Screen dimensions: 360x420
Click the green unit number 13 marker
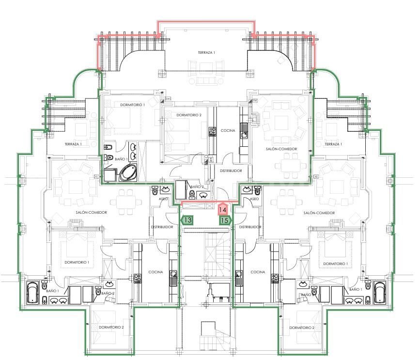pyautogui.click(x=187, y=220)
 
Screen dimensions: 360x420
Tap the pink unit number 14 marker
pyautogui.click(x=222, y=210)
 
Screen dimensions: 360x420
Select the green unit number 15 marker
pyautogui.click(x=224, y=220)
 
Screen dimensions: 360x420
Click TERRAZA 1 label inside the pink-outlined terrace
pyautogui.click(x=206, y=52)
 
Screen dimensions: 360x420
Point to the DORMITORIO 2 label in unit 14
pyautogui.click(x=189, y=115)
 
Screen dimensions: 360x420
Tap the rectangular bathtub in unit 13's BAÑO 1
pyautogui.click(x=32, y=293)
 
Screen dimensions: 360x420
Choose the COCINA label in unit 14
pyautogui.click(x=228, y=130)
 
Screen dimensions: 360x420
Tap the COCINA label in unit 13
pyautogui.click(x=156, y=272)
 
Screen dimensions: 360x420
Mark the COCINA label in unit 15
pyautogui.click(x=258, y=272)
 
